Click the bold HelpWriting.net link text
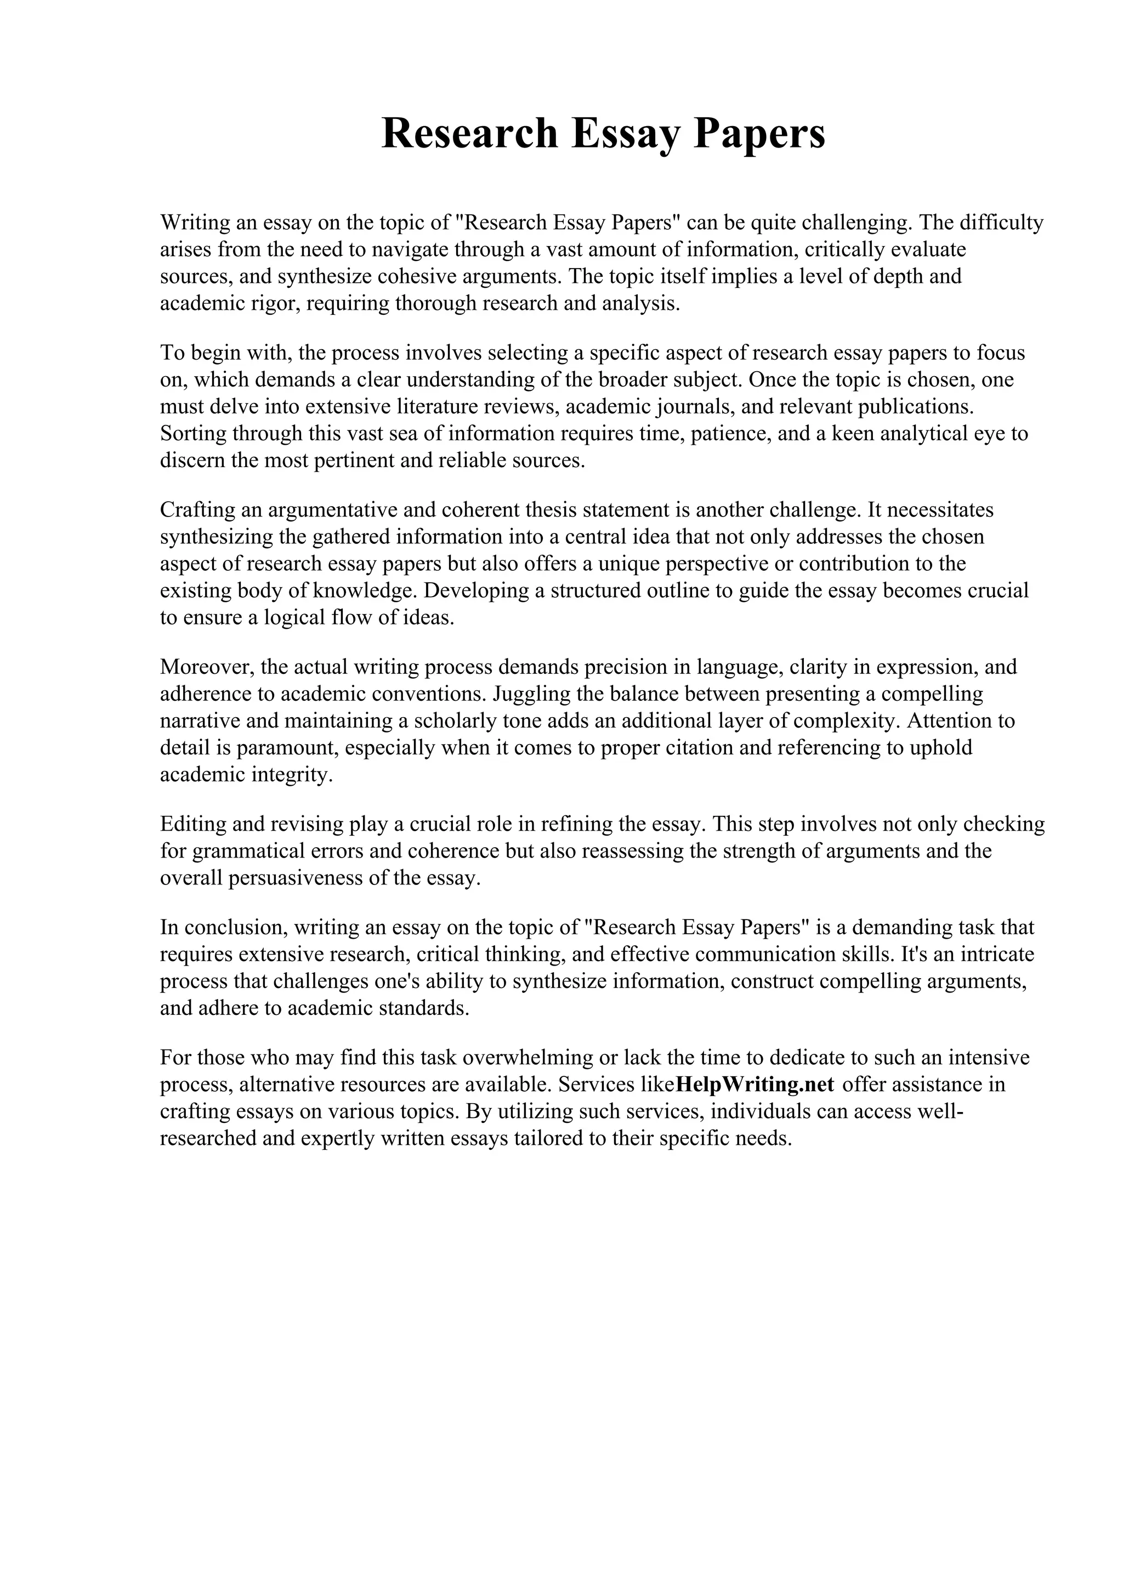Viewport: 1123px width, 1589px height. (x=754, y=1084)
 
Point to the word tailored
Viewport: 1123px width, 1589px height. (x=547, y=1138)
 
